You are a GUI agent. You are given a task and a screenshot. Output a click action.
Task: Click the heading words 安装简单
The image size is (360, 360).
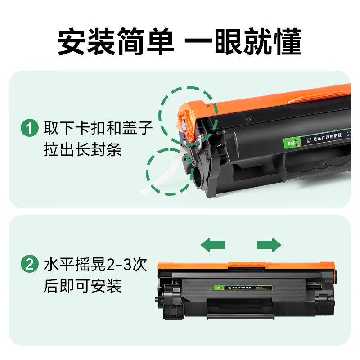[x=116, y=43]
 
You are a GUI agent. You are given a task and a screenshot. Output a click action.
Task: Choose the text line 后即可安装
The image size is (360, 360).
[x=82, y=285]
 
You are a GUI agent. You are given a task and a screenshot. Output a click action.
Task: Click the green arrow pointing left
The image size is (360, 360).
[x=213, y=245]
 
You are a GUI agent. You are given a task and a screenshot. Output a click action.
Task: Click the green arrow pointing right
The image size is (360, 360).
[x=269, y=245]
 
